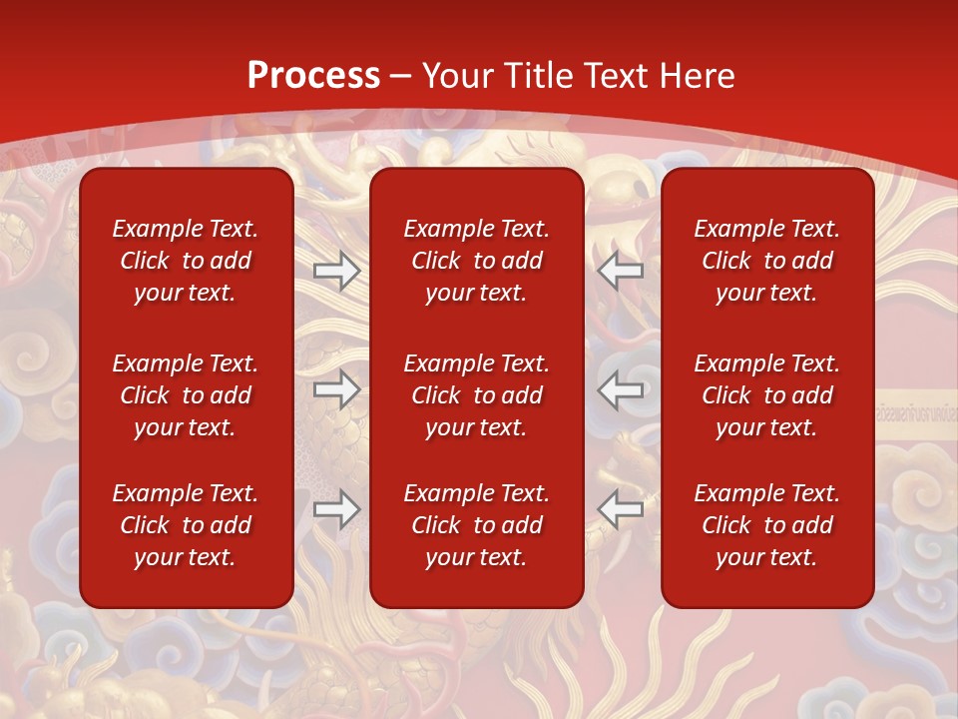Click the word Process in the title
[x=313, y=75]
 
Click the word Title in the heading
[x=543, y=75]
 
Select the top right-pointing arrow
[x=336, y=272]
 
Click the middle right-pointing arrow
[x=336, y=389]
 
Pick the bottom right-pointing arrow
[x=336, y=509]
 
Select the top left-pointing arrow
[x=621, y=271]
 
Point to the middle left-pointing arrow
[x=621, y=389]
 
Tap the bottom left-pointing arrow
[x=621, y=509]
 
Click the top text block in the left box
[x=186, y=261]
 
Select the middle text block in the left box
[x=186, y=395]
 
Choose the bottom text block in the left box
[x=186, y=525]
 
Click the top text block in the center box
[x=477, y=261]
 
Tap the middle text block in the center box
[x=477, y=395]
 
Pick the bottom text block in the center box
[x=477, y=525]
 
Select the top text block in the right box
[x=767, y=261]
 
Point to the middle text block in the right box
[x=767, y=395]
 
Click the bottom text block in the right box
[x=767, y=525]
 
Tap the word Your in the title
[x=457, y=75]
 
